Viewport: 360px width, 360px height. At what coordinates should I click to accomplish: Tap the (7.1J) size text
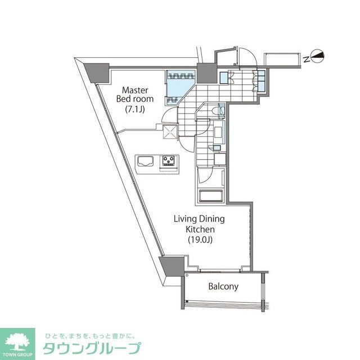coord(134,109)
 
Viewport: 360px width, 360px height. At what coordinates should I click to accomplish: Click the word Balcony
coord(223,286)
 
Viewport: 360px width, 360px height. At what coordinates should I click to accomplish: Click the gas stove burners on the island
coord(168,161)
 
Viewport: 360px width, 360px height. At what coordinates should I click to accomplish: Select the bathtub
coord(211,197)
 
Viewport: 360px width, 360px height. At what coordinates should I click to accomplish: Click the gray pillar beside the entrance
coord(206,72)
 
